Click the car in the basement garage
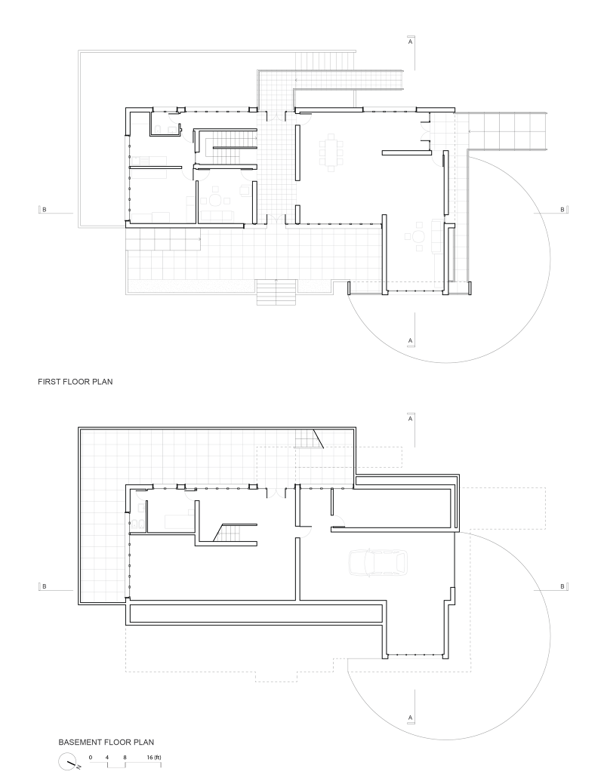pos(377,562)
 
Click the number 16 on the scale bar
pos(151,756)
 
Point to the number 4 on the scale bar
pos(108,756)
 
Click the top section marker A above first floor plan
pos(410,42)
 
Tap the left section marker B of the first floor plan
pos(43,209)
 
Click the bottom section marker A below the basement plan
pos(410,715)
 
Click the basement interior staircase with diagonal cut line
pos(229,533)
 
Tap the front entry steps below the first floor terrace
pos(276,292)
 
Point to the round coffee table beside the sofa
pos(417,236)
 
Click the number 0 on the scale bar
pos(90,756)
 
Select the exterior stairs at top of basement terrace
pos(308,438)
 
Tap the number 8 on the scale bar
pos(125,756)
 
